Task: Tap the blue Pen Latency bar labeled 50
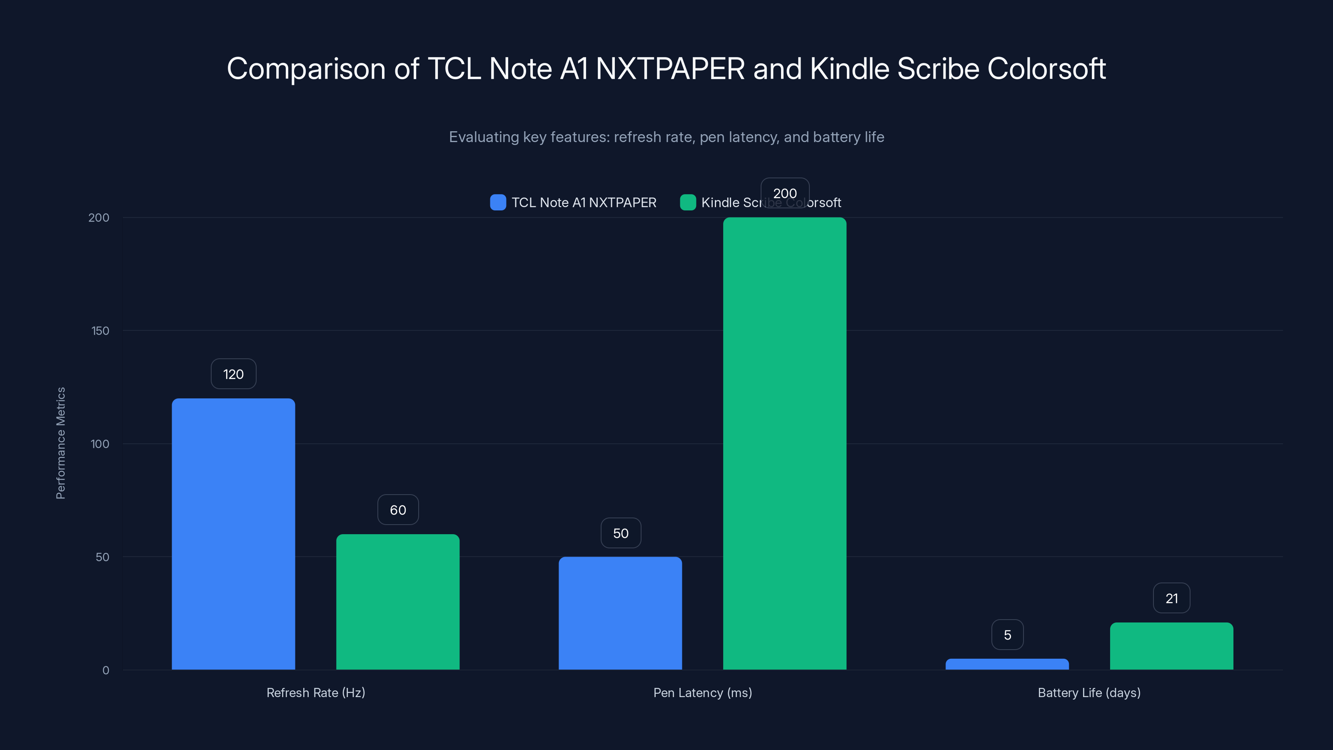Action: [620, 613]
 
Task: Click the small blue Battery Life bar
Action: [1007, 664]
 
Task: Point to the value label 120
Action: [233, 374]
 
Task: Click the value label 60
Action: [397, 510]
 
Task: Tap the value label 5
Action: [1007, 635]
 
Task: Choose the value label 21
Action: [1171, 598]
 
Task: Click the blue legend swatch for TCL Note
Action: [498, 202]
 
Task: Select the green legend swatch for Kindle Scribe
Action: [688, 202]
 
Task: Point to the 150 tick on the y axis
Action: [100, 331]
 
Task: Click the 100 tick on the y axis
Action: [100, 444]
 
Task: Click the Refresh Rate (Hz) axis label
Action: [316, 692]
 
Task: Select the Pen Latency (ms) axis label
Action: [702, 692]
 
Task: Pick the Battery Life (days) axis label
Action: [1089, 692]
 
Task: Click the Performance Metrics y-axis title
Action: [60, 443]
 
